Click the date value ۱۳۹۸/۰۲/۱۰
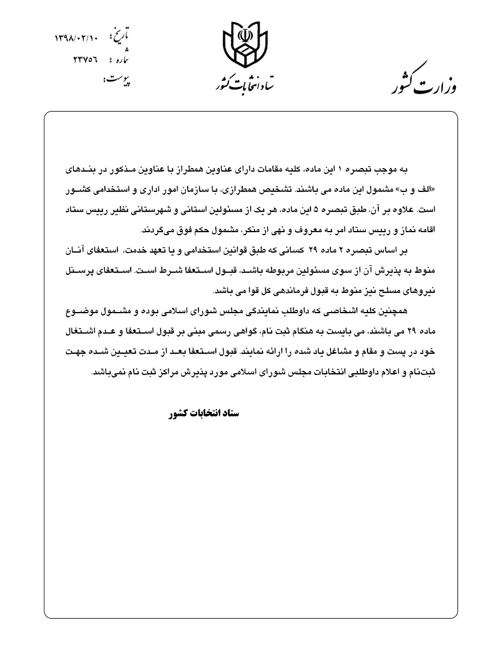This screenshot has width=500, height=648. (76, 38)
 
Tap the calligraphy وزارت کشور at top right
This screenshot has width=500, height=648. (427, 82)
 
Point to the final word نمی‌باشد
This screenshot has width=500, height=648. (106, 371)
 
